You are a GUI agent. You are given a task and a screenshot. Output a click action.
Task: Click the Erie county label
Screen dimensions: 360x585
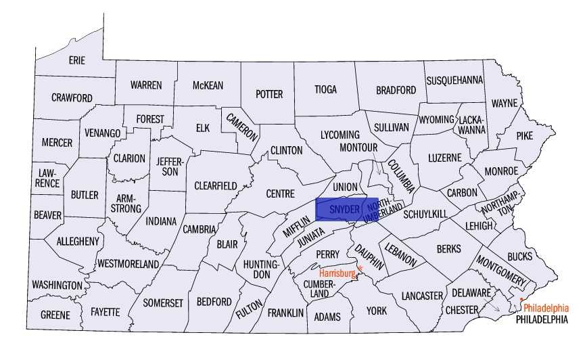(x=77, y=60)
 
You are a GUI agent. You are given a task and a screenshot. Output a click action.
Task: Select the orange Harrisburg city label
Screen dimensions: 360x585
(x=337, y=273)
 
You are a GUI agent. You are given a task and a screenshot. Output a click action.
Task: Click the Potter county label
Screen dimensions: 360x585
(x=268, y=94)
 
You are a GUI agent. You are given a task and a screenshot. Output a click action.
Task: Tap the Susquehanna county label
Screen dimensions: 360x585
(x=454, y=80)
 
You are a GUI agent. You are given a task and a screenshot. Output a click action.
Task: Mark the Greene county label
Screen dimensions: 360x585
(x=55, y=315)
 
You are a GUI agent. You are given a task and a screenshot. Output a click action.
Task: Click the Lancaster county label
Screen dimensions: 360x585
(x=421, y=296)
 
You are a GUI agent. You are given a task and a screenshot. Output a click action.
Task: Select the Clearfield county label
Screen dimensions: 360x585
(x=216, y=185)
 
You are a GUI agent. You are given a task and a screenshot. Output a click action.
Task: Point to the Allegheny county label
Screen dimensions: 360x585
(x=78, y=241)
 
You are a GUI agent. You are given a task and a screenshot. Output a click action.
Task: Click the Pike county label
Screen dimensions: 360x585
(x=524, y=135)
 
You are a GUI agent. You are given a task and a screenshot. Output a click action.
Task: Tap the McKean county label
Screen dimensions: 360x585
(x=208, y=85)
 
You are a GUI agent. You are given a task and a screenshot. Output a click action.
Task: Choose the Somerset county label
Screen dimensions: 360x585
(x=163, y=303)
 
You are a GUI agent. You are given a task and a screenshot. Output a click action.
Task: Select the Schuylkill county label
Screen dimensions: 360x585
(x=425, y=214)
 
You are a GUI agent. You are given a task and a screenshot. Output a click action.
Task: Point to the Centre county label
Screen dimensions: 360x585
(x=280, y=194)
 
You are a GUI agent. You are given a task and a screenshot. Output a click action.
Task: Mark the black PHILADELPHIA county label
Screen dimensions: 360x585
(x=541, y=319)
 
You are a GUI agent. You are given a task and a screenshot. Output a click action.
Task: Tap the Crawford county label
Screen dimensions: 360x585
(x=72, y=98)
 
